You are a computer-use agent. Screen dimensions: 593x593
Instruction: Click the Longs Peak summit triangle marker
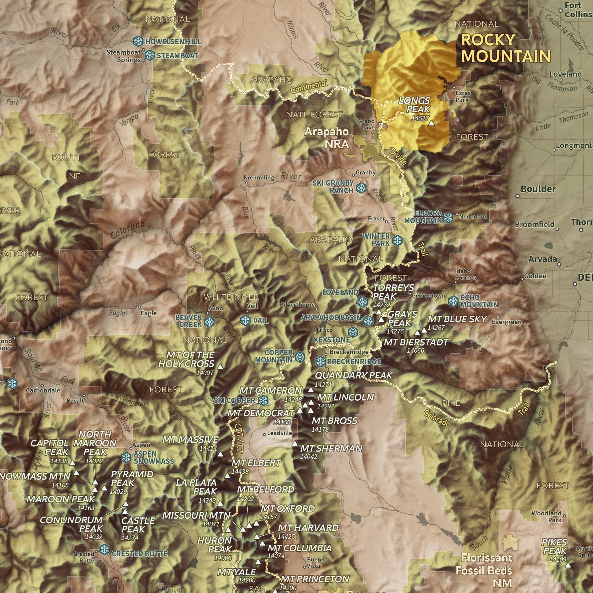click(431, 123)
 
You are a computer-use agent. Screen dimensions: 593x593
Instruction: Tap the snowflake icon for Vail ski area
click(245, 321)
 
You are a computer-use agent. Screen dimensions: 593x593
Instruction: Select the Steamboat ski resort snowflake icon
click(149, 55)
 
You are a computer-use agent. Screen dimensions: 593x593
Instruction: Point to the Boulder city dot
click(517, 195)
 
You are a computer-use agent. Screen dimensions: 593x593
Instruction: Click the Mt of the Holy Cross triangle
click(220, 367)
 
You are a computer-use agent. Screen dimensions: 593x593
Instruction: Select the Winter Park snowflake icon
click(398, 240)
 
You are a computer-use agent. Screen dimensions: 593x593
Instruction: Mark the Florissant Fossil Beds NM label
click(484, 571)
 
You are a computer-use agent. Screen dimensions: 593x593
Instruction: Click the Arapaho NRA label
click(327, 138)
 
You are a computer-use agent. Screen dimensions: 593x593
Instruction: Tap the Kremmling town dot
click(246, 183)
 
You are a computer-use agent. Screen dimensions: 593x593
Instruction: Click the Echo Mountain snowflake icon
click(453, 301)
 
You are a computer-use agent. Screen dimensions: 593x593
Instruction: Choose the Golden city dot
click(522, 279)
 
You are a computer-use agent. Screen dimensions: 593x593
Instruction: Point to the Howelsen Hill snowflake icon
click(138, 41)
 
